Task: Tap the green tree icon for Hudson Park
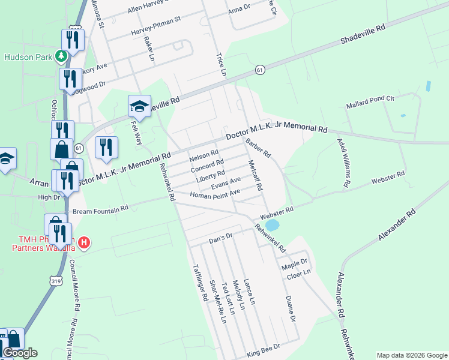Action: pos(60,56)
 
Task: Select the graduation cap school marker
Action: pos(139,107)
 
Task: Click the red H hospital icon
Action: pos(85,243)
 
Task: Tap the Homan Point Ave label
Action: pos(215,194)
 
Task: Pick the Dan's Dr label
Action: pos(220,239)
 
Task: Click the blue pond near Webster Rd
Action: pos(272,226)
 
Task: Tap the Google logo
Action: pos(20,353)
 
